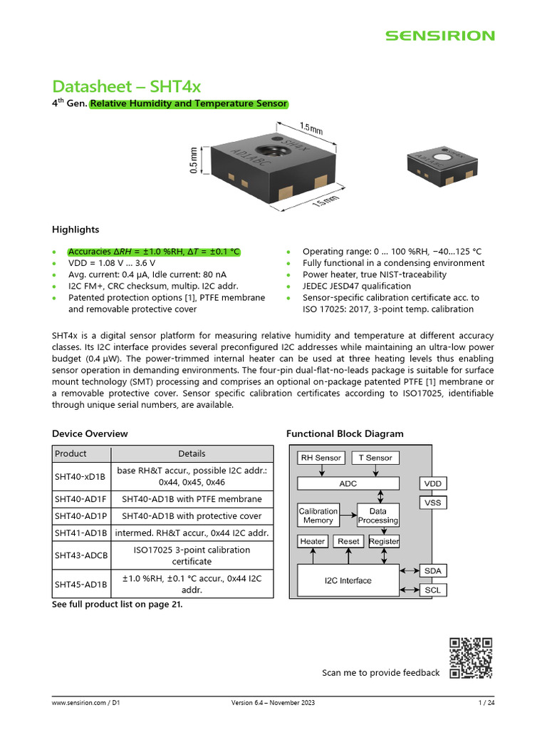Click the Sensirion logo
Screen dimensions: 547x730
click(439, 36)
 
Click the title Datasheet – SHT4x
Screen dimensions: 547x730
click(126, 86)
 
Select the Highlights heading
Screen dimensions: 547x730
click(75, 230)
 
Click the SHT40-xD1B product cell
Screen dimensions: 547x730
click(80, 476)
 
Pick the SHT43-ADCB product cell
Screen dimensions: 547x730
click(80, 555)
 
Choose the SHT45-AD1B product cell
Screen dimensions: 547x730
click(80, 584)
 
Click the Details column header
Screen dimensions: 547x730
click(192, 453)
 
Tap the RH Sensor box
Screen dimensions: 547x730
click(321, 458)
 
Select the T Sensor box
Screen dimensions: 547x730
click(375, 458)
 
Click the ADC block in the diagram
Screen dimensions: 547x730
click(348, 483)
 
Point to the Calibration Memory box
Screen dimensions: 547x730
click(318, 515)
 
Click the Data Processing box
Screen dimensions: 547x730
click(378, 515)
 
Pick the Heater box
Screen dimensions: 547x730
click(312, 542)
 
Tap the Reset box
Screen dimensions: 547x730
click(348, 542)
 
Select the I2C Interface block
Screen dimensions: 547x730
click(348, 580)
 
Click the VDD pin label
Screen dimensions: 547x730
click(432, 484)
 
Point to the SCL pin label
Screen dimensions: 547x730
click(432, 590)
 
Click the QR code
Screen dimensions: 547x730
click(471, 658)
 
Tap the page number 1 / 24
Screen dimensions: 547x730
click(486, 704)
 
